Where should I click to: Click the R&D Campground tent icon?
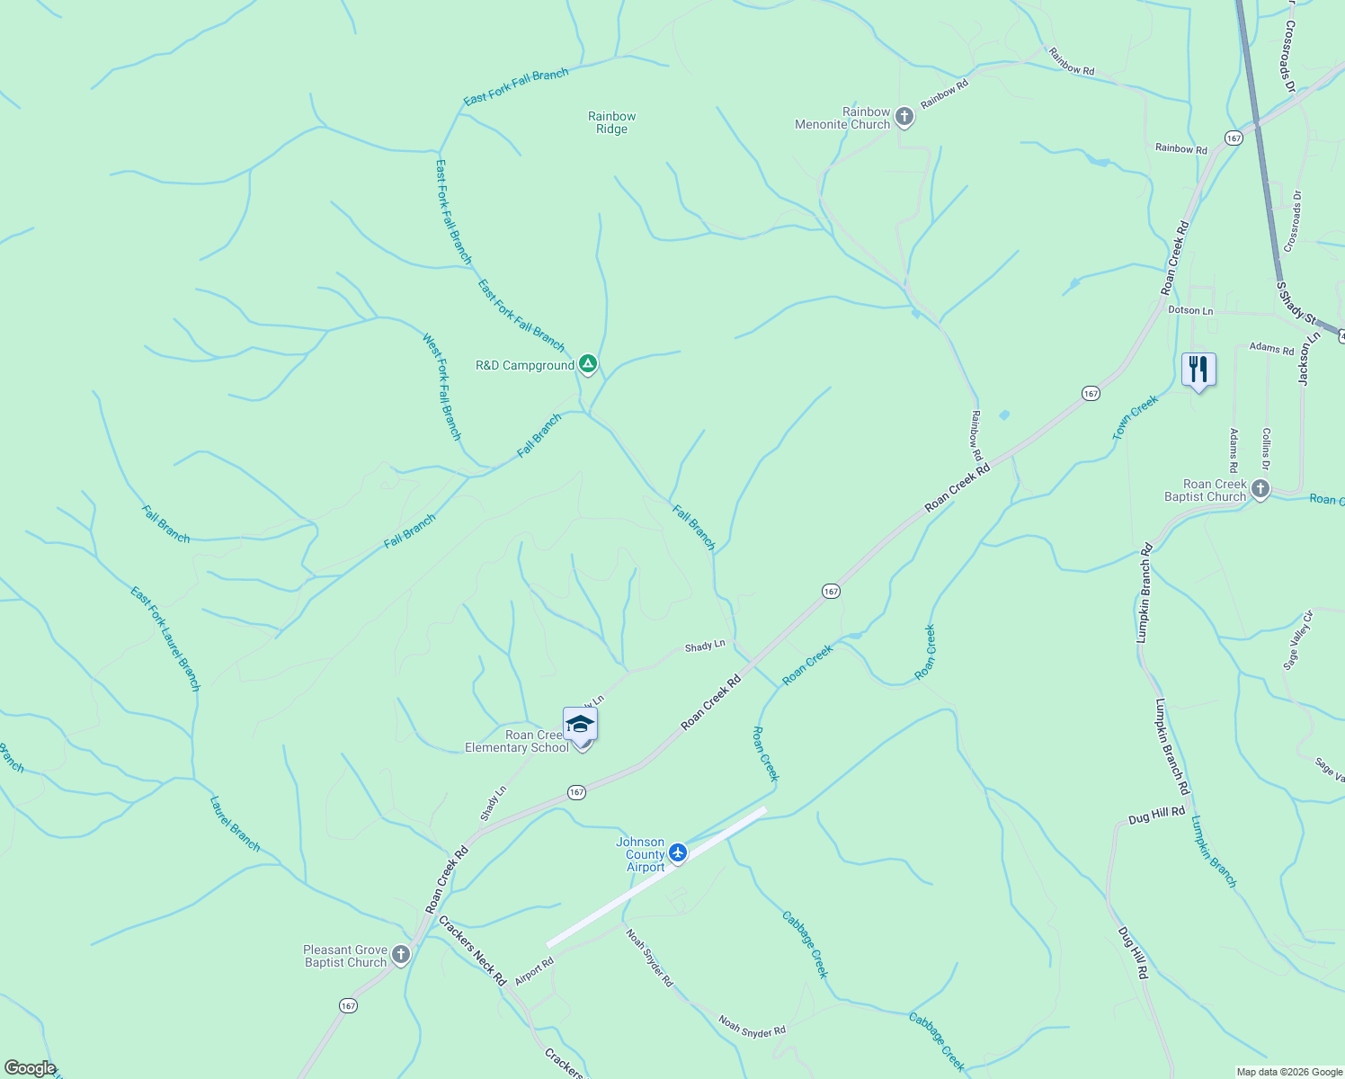point(587,364)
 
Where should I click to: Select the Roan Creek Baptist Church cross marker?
point(1260,489)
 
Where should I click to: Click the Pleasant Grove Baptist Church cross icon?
point(401,955)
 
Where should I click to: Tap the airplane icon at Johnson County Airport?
point(678,852)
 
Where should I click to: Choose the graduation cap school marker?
point(580,725)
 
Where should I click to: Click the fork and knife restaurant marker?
point(1198,369)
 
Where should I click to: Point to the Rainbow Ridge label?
point(611,122)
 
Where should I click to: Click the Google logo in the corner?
point(30,1068)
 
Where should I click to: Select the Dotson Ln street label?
point(1190,310)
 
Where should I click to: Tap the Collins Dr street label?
point(1266,448)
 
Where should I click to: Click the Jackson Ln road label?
point(1308,358)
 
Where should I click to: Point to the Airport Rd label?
point(534,973)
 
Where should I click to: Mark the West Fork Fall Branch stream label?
point(441,387)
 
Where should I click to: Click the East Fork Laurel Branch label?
point(165,638)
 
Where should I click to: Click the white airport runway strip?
point(656,877)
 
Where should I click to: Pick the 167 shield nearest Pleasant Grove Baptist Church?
point(348,1006)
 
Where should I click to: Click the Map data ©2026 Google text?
point(1289,1072)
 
